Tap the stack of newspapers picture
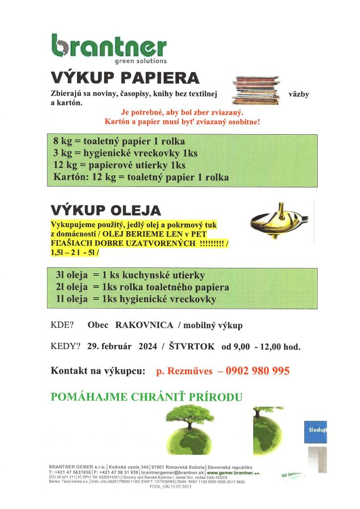(x=256, y=90)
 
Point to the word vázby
(x=298, y=94)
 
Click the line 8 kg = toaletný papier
(x=119, y=141)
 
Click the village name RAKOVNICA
(x=144, y=325)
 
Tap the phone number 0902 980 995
(x=258, y=371)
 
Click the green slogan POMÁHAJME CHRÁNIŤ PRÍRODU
(x=147, y=397)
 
